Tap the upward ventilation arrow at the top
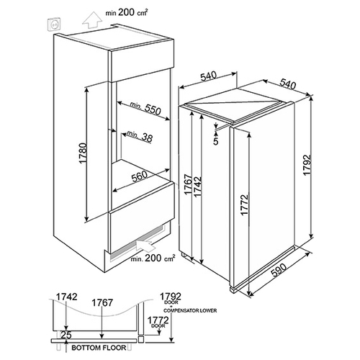pos(91,22)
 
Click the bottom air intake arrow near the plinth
pos(145,246)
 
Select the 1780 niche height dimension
pos(83,153)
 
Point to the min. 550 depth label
pos(145,109)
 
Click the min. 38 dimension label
pos(140,136)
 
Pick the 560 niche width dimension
pos(140,176)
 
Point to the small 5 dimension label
pos(216,142)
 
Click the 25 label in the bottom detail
pos(66,335)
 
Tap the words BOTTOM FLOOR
pos(99,348)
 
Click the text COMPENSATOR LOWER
pos(190,310)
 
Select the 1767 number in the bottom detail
pos(102,302)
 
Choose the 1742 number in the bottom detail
pos(66,297)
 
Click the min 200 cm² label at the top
pos(127,12)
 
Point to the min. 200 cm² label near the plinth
pos(153,258)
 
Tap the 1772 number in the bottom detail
pos(158,320)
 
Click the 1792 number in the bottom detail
pos(171,295)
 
